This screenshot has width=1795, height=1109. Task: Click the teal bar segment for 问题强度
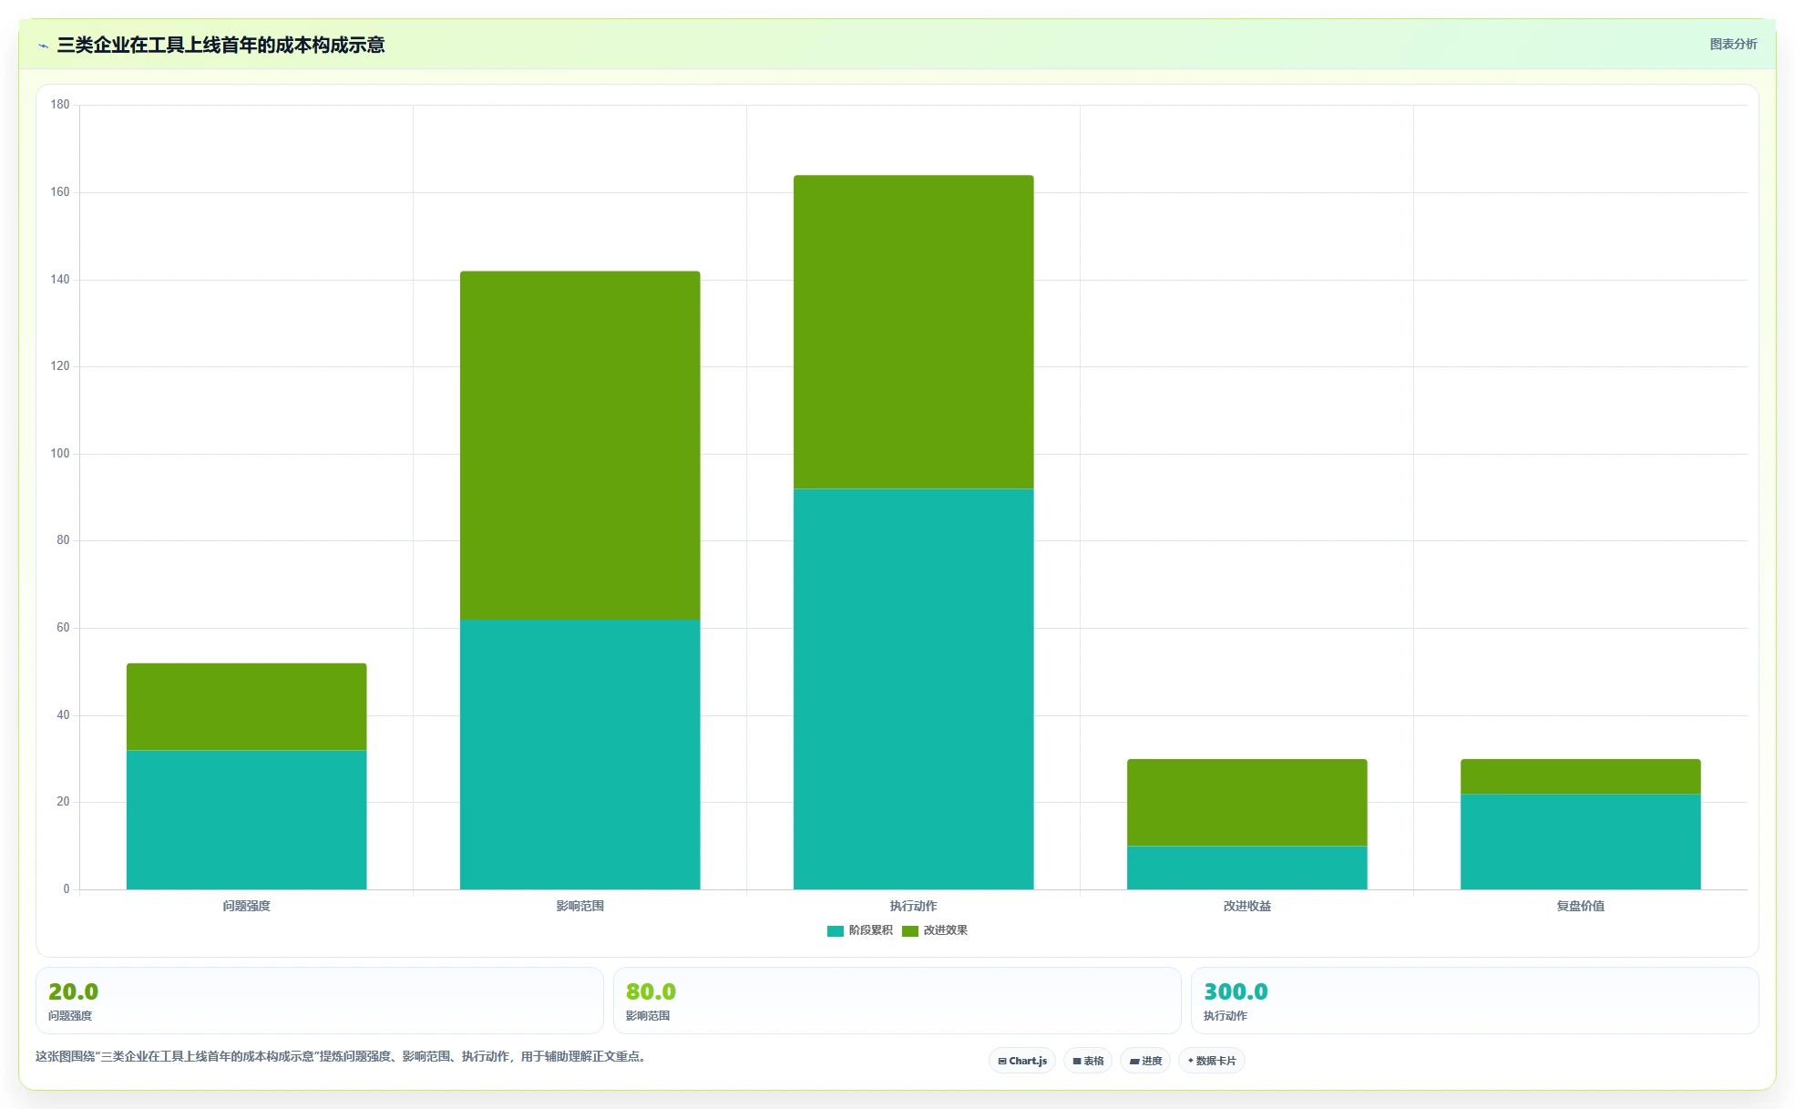tap(246, 819)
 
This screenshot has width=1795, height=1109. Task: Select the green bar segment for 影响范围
tap(580, 446)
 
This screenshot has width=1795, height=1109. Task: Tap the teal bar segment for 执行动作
tap(913, 689)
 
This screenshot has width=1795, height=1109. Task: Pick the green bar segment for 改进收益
tap(1246, 802)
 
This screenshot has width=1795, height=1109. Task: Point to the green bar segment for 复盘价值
tap(1580, 776)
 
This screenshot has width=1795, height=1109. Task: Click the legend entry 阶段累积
tap(860, 930)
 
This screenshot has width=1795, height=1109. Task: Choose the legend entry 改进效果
tap(935, 930)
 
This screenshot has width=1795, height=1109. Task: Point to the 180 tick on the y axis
tap(60, 105)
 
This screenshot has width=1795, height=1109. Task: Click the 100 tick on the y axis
tap(60, 454)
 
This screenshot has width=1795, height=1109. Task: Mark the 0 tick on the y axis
tap(66, 889)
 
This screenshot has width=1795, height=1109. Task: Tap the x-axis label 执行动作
tap(913, 906)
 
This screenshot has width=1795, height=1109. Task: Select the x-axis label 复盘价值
tap(1580, 906)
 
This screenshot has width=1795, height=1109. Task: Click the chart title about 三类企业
tap(221, 45)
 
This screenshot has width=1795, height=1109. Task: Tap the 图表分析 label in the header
tap(1733, 44)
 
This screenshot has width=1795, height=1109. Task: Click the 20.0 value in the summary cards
tap(73, 991)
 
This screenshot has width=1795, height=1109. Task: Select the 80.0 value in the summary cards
tap(651, 991)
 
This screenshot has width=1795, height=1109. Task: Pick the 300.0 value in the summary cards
tap(1236, 991)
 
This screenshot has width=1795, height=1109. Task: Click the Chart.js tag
tap(1022, 1061)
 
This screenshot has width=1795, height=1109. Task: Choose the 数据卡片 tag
tap(1212, 1061)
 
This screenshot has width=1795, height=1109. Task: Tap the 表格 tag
tap(1088, 1061)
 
